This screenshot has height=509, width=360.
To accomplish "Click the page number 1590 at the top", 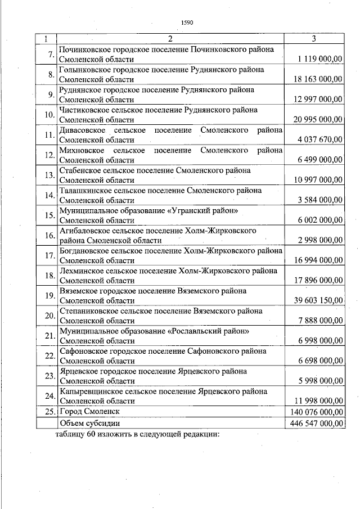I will tap(187, 23).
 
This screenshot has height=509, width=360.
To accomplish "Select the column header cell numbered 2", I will tap(171, 38).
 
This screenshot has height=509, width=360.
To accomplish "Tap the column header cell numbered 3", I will tap(314, 38).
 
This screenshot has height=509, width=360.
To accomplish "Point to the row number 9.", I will tap(50, 94).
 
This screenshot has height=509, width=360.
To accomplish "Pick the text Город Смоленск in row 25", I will tap(87, 412).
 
